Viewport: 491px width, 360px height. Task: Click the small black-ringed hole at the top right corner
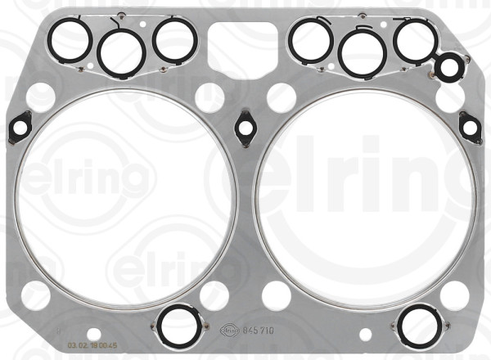tap(448, 68)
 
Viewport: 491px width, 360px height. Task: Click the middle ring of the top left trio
tap(121, 51)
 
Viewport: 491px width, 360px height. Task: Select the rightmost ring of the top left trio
tap(173, 40)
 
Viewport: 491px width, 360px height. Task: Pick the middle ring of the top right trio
tap(363, 51)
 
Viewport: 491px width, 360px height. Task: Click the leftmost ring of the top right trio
tap(310, 41)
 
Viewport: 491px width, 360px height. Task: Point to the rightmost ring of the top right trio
tap(414, 40)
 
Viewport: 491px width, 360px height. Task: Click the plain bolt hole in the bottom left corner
tap(35, 295)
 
